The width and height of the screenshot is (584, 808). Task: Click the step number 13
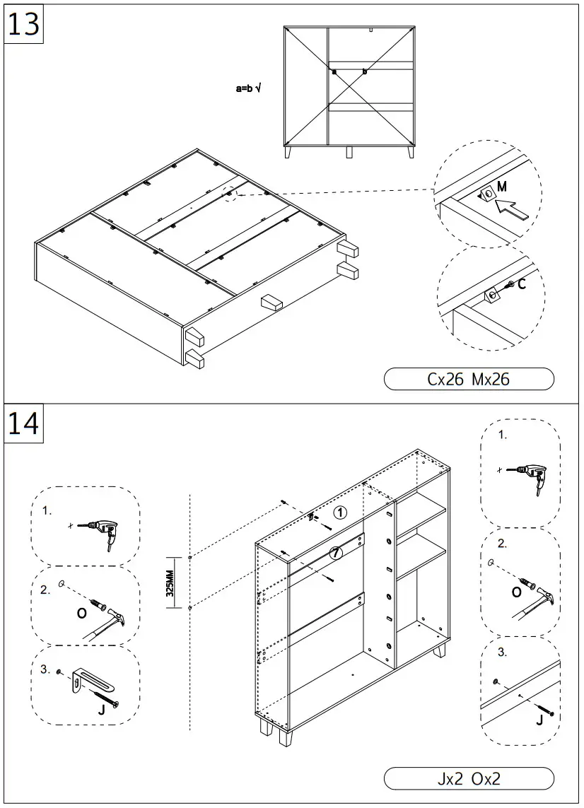23,24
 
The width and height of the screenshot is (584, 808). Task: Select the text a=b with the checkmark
248,89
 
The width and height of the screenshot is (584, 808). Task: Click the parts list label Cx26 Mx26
468,380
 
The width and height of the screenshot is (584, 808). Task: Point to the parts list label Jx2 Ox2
468,779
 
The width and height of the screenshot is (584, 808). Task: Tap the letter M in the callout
502,187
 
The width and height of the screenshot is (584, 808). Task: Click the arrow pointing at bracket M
513,209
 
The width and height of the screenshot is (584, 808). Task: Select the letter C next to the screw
522,284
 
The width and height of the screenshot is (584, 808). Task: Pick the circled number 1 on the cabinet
340,513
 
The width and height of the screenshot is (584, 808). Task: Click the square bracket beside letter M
486,194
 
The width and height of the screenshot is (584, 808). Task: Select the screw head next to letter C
510,285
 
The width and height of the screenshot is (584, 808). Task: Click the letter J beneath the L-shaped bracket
102,709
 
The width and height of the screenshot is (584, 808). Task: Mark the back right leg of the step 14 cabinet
441,650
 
